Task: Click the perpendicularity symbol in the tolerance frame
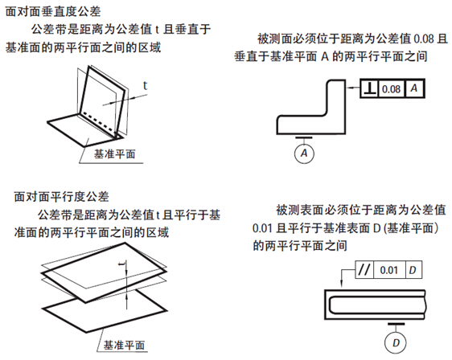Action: tap(370, 88)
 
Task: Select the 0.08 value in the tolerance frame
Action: tap(391, 89)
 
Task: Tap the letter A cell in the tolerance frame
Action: tap(414, 88)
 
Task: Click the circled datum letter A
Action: tap(304, 153)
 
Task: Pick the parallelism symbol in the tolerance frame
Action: tap(364, 270)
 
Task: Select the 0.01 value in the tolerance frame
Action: tap(389, 270)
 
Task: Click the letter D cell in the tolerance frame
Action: tap(413, 270)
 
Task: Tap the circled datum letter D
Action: tap(396, 342)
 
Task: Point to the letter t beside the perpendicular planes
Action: tap(145, 85)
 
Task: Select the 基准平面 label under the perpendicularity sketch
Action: tap(114, 153)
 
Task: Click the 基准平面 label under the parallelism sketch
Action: tap(124, 345)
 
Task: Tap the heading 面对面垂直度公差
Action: tap(53, 12)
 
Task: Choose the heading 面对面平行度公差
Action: tap(61, 197)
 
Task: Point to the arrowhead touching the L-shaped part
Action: tap(348, 88)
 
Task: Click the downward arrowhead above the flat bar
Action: tap(342, 284)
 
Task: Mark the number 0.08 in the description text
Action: tap(424, 39)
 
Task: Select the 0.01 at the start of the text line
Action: tap(262, 228)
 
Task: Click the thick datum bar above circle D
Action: tap(396, 324)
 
